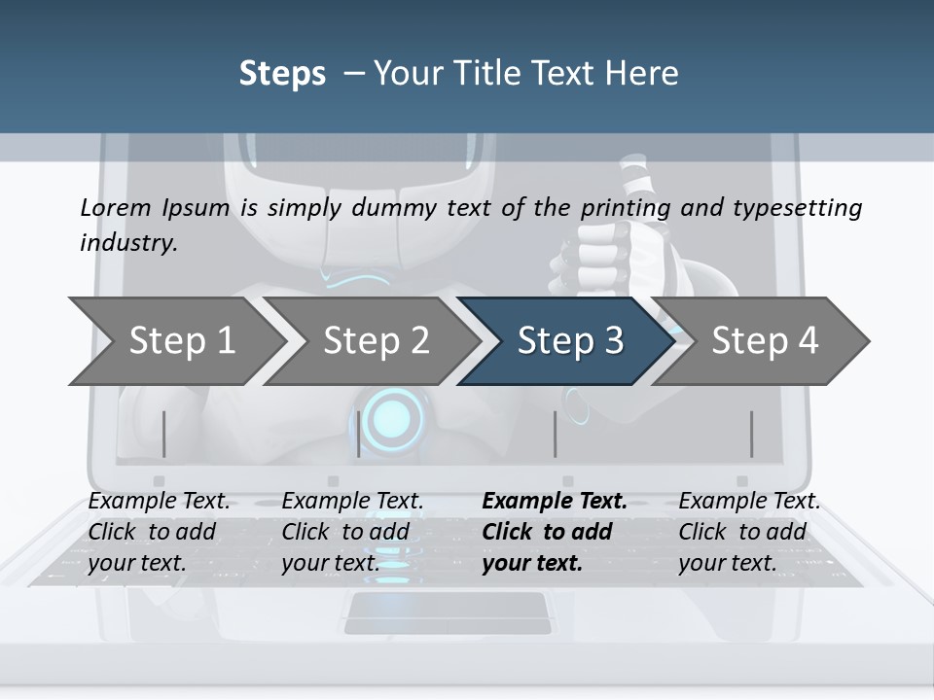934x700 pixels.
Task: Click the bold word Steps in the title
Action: [x=282, y=73]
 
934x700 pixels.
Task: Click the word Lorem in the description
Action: [x=116, y=207]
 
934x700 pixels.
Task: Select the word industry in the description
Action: [x=128, y=242]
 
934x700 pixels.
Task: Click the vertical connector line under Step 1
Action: [x=164, y=434]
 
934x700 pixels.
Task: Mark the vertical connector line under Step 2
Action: [x=359, y=434]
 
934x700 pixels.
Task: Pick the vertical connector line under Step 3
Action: [x=556, y=434]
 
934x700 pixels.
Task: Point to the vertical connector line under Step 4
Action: [x=751, y=434]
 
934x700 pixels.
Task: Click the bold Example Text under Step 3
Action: [x=555, y=501]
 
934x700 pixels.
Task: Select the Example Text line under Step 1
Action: [x=160, y=501]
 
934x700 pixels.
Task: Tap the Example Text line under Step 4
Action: [x=749, y=501]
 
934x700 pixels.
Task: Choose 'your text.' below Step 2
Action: [x=331, y=563]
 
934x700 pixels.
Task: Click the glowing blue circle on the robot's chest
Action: [x=393, y=416]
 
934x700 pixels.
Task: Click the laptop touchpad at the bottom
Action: [x=446, y=612]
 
